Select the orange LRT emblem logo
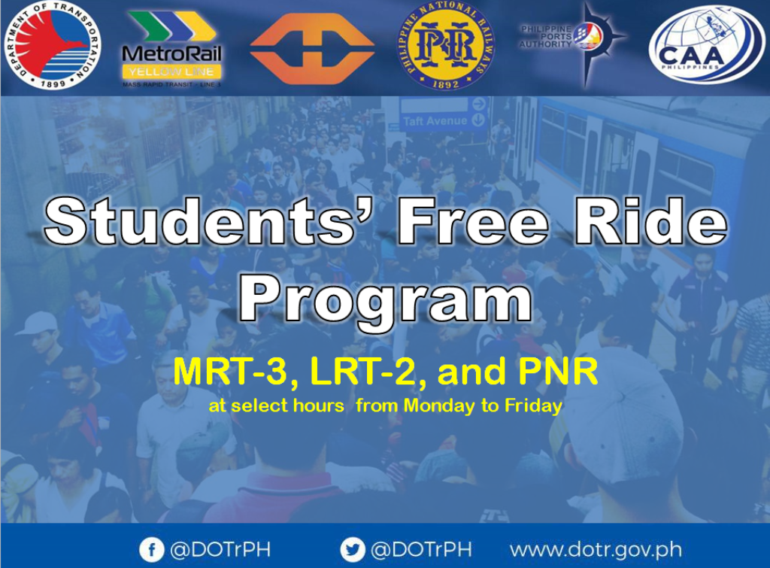312,47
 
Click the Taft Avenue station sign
444,120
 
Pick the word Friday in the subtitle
533,406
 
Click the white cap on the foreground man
613,421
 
